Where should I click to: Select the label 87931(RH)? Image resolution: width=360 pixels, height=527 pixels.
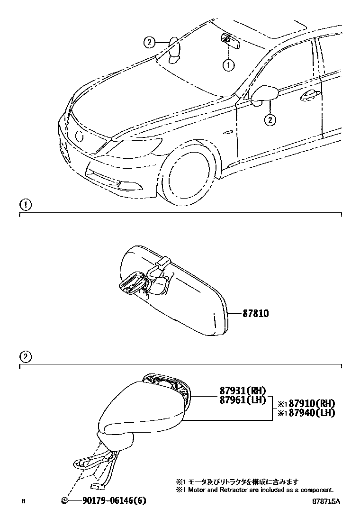pyautogui.click(x=243, y=391)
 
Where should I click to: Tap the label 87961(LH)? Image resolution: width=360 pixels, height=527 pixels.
pyautogui.click(x=243, y=400)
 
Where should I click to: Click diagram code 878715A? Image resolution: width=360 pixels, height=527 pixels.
pyautogui.click(x=326, y=501)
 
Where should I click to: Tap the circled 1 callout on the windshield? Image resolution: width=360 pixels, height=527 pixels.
pyautogui.click(x=229, y=64)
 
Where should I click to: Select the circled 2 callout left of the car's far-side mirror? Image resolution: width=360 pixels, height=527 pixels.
pyautogui.click(x=149, y=43)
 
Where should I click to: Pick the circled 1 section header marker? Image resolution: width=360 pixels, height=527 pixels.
pyautogui.click(x=25, y=205)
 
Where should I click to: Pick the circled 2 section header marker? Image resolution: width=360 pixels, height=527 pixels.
pyautogui.click(x=25, y=357)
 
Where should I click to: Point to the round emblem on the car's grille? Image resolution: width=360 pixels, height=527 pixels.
pyautogui.click(x=79, y=136)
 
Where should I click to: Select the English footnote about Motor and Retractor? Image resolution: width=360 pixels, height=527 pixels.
pyautogui.click(x=254, y=490)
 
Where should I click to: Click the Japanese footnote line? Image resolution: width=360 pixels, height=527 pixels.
pyautogui.click(x=237, y=482)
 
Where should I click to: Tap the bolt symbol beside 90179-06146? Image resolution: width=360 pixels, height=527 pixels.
pyautogui.click(x=65, y=501)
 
